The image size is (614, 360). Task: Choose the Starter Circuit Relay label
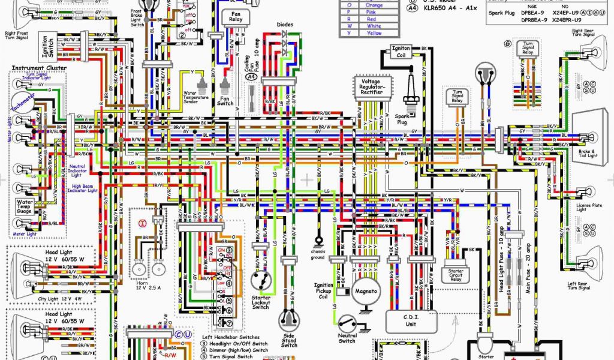pyautogui.click(x=456, y=275)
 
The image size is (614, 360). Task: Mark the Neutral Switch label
pyautogui.click(x=347, y=338)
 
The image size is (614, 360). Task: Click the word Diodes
pyautogui.click(x=285, y=25)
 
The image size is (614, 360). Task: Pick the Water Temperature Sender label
pyautogui.click(x=199, y=97)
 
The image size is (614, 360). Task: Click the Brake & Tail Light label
pyautogui.click(x=587, y=154)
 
